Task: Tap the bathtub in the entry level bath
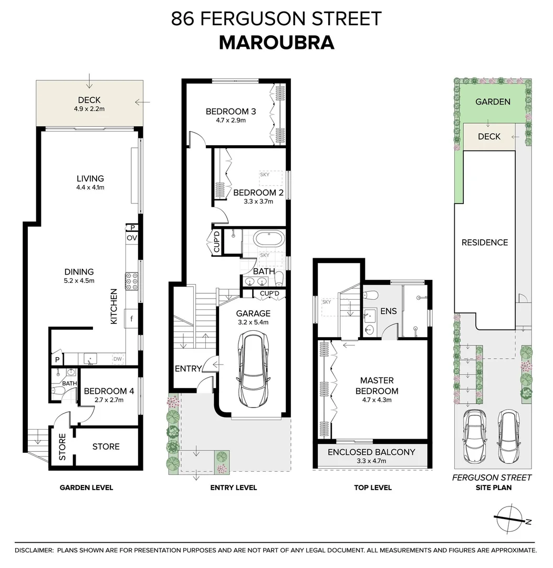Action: [x=268, y=239]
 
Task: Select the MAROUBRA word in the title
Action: [x=276, y=43]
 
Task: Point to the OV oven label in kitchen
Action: [x=131, y=238]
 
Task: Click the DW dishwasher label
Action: [x=118, y=359]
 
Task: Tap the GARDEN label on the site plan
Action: [x=492, y=102]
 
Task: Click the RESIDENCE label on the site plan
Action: [x=484, y=242]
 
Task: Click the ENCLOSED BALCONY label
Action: [x=371, y=452]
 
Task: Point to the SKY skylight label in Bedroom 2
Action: [x=265, y=175]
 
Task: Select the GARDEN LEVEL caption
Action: [x=86, y=488]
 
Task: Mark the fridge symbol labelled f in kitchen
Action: [x=131, y=318]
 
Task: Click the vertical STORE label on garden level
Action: [x=62, y=447]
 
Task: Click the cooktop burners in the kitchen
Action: [x=131, y=281]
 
